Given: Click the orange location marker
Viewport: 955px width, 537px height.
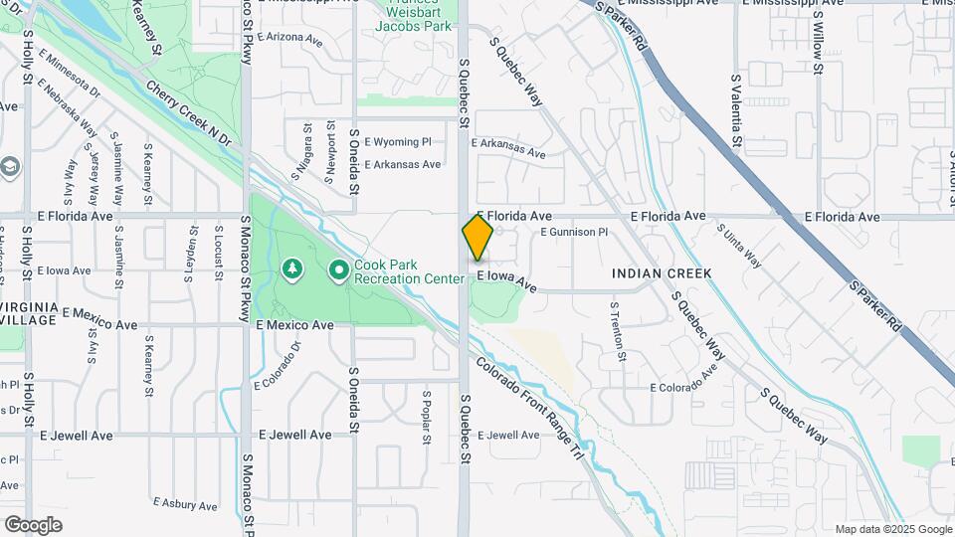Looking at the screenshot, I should pyautogui.click(x=477, y=238).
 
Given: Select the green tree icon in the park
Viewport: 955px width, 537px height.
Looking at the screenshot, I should pyautogui.click(x=291, y=268).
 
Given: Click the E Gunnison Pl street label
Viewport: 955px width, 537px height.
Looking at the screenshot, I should pyautogui.click(x=573, y=232).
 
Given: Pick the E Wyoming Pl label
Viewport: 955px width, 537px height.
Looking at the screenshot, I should pyautogui.click(x=398, y=142).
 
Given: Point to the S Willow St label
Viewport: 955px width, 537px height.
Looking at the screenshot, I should pyautogui.click(x=817, y=43).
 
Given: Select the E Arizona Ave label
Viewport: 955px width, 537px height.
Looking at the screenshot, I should pyautogui.click(x=290, y=40).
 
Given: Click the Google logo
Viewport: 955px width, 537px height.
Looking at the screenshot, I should pyautogui.click(x=33, y=525).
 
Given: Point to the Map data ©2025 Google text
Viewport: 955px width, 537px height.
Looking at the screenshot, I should pyautogui.click(x=893, y=529).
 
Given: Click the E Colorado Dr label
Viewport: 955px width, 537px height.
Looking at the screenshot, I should pyautogui.click(x=277, y=367).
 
